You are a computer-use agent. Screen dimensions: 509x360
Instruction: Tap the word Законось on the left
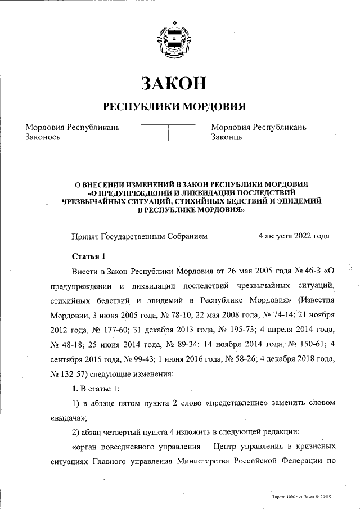click(43, 137)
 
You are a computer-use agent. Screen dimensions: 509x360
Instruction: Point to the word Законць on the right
click(227, 137)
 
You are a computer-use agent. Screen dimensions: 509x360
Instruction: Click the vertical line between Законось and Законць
click(169, 133)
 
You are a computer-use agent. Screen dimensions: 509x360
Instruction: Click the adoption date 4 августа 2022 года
click(293, 236)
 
